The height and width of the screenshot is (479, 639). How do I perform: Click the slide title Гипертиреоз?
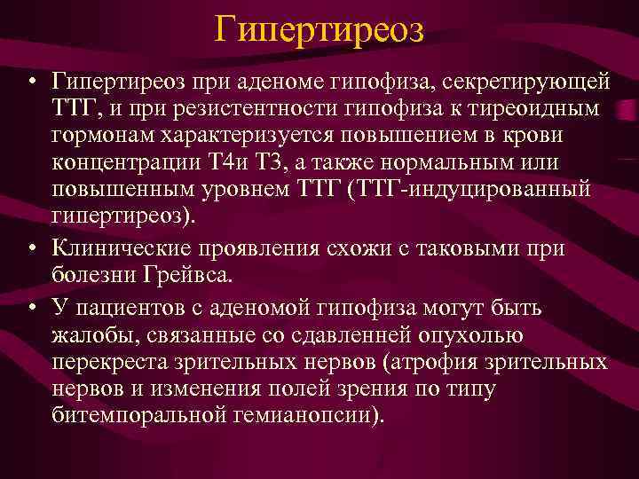click(319, 31)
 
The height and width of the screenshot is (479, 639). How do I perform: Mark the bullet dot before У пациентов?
click(31, 308)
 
